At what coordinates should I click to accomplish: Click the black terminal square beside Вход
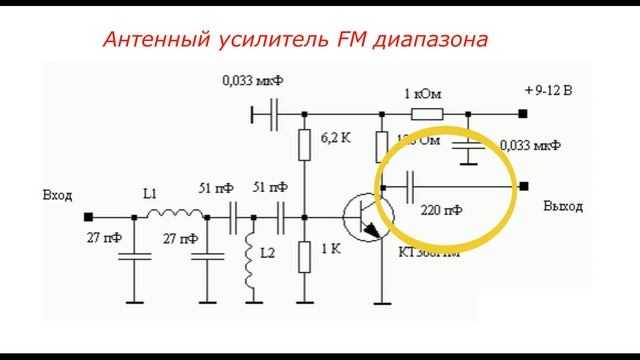tap(89, 215)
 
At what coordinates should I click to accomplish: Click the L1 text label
tap(150, 195)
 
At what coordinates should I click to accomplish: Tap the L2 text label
tap(267, 254)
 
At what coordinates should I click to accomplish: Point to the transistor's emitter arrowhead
tap(376, 232)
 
